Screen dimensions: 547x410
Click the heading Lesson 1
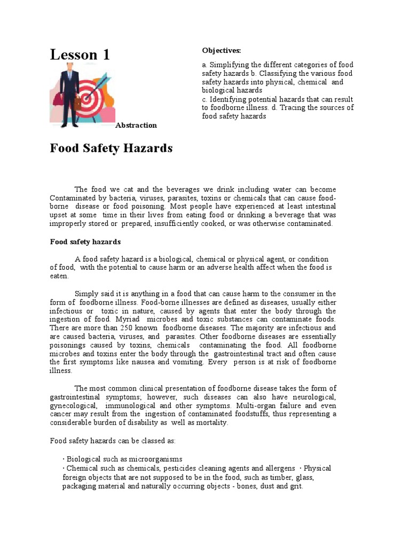pos(80,54)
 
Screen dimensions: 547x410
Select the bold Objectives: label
pos(221,50)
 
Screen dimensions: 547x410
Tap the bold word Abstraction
pos(136,125)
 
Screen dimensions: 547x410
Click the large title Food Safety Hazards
pos(111,148)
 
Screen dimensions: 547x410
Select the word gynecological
pos(73,405)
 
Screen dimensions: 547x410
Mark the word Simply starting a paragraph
pos(86,293)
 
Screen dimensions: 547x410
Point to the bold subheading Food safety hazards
pos(85,241)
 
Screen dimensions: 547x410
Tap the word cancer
pos(63,413)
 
